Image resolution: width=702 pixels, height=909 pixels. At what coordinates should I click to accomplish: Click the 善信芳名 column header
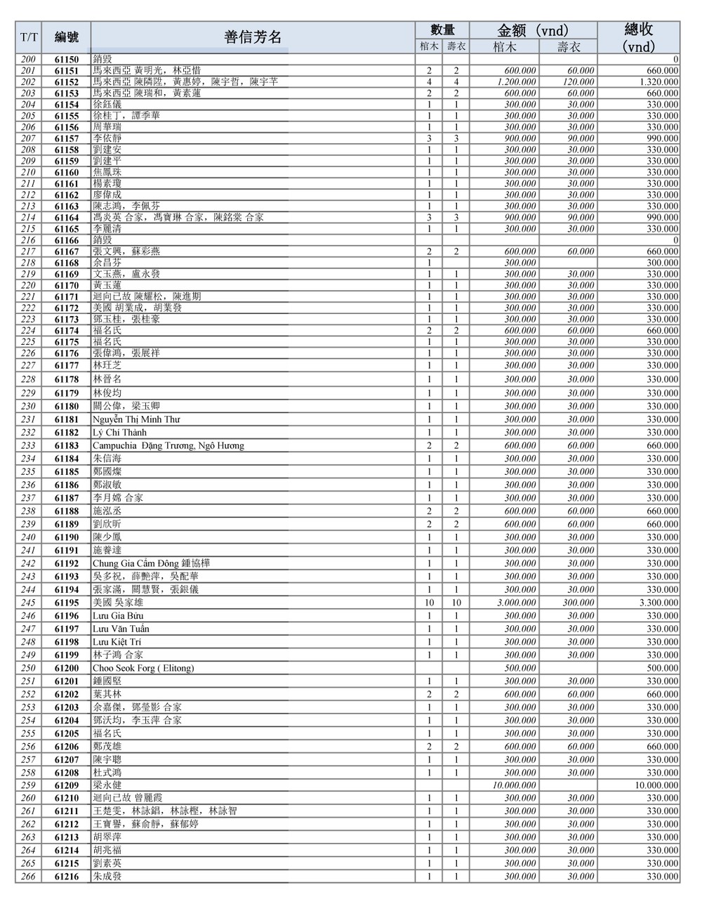tap(253, 37)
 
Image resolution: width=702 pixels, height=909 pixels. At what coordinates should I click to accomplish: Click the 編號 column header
tap(67, 37)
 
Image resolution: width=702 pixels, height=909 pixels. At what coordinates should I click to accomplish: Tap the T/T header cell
tap(29, 37)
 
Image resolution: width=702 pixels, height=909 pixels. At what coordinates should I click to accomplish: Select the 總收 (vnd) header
tap(638, 37)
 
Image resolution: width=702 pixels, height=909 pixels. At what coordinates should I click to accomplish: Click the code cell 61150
tap(67, 60)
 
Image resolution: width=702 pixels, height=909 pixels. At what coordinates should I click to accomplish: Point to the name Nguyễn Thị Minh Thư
tap(136, 419)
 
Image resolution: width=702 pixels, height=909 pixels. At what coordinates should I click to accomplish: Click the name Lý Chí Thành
tap(119, 433)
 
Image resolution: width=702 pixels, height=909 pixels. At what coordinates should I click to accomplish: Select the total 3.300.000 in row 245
tap(658, 603)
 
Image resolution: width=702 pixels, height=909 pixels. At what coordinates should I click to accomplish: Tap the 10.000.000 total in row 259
tap(656, 785)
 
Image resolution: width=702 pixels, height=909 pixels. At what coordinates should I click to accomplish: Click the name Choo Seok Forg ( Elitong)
tap(143, 668)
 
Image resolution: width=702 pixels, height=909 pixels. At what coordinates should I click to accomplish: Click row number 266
tap(28, 877)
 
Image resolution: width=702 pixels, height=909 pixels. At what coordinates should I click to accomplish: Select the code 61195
tap(67, 603)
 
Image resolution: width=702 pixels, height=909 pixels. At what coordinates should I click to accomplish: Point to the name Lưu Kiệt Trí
tap(117, 642)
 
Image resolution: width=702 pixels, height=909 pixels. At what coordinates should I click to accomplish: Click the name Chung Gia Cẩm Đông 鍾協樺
tap(151, 563)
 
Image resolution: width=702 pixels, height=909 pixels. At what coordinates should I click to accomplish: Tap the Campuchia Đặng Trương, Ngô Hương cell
tap(168, 445)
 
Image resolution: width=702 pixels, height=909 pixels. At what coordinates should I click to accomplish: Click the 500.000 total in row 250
tap(663, 668)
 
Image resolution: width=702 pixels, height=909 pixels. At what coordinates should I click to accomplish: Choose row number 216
tap(28, 240)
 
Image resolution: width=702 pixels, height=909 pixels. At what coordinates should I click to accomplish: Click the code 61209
tap(67, 785)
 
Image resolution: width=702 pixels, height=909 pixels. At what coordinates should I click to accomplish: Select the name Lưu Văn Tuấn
tap(121, 629)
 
